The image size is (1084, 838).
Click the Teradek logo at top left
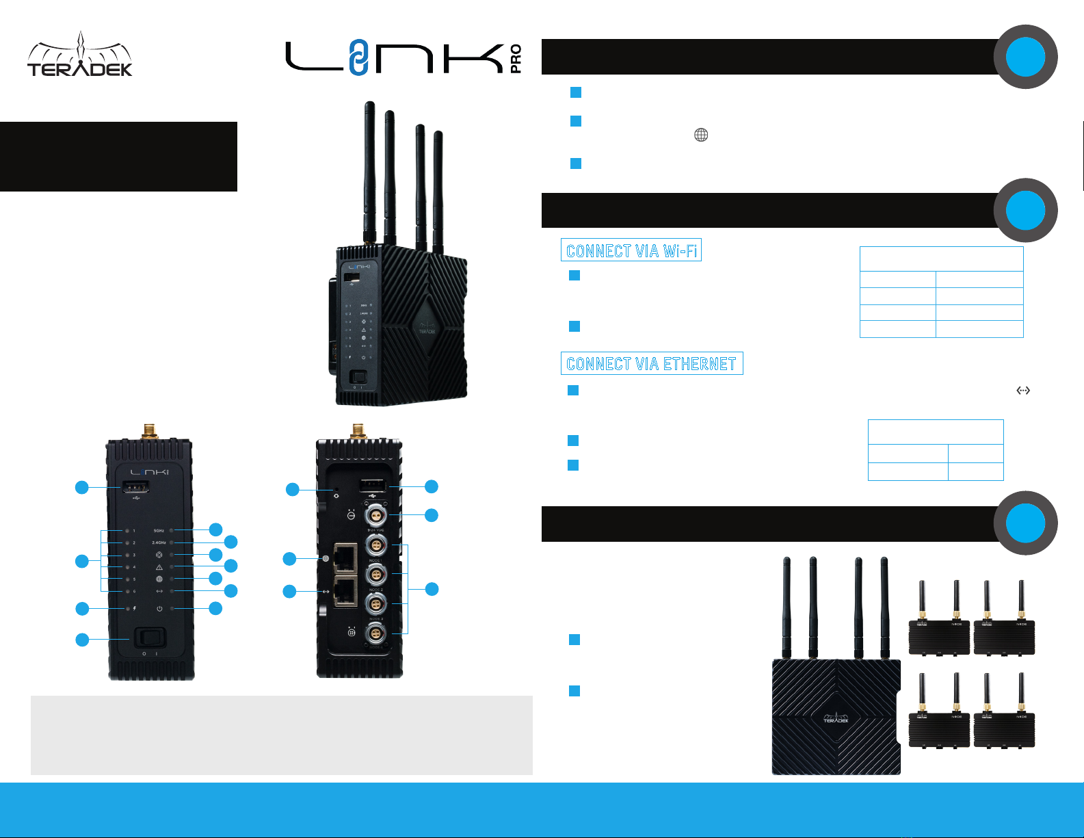[80, 55]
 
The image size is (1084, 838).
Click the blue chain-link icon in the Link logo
[357, 57]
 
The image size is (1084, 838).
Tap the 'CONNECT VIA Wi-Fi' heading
[631, 250]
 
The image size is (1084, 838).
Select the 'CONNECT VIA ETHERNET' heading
[652, 363]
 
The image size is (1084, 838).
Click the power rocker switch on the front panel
[150, 638]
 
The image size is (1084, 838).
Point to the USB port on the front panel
[135, 487]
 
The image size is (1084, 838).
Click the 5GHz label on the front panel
[159, 531]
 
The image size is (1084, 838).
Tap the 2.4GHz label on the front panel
[159, 542]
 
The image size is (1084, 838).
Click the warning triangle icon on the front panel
[159, 567]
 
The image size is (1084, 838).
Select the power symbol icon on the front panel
[159, 608]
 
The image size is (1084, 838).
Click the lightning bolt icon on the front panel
[135, 608]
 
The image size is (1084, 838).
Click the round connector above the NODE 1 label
[375, 545]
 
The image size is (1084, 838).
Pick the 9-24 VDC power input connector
[375, 514]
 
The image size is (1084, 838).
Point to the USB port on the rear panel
[373, 486]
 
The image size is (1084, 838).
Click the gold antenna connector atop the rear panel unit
[358, 431]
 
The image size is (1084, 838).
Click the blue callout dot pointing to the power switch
[82, 640]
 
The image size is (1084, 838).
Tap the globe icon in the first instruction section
[701, 135]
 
